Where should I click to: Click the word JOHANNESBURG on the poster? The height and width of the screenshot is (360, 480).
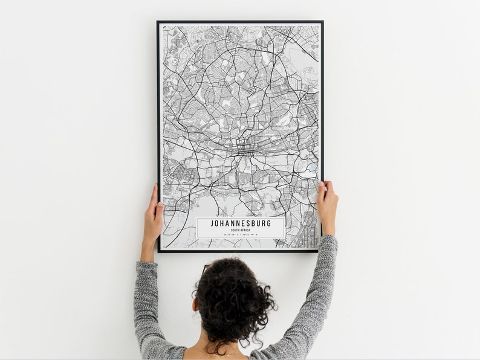[x=241, y=223]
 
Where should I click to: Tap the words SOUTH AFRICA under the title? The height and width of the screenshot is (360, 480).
[x=241, y=230]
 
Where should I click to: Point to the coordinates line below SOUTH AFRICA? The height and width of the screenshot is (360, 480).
[x=241, y=234]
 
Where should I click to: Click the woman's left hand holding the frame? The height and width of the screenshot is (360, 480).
[x=152, y=214]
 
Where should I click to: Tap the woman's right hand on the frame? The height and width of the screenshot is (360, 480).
[x=327, y=205]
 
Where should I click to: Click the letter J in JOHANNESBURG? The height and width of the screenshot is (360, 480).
[x=212, y=223]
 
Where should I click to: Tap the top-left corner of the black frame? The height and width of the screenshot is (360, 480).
[x=158, y=22]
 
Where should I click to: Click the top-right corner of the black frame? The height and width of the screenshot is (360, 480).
[x=322, y=22]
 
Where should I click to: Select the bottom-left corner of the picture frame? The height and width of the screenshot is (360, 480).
[x=159, y=251]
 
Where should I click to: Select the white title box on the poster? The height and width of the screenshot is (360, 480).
[x=241, y=228]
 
